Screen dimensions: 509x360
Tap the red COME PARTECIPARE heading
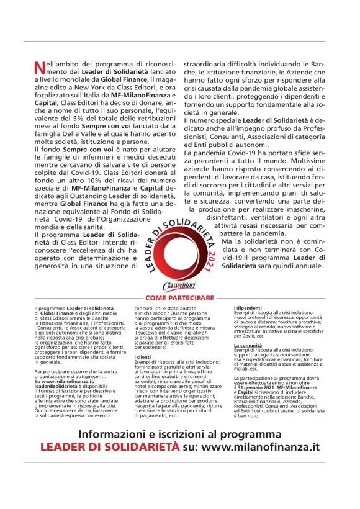[180, 298]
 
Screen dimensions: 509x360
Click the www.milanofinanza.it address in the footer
[260, 446]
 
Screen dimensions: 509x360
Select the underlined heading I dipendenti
[248, 308]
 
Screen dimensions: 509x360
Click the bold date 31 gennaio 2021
[262, 387]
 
